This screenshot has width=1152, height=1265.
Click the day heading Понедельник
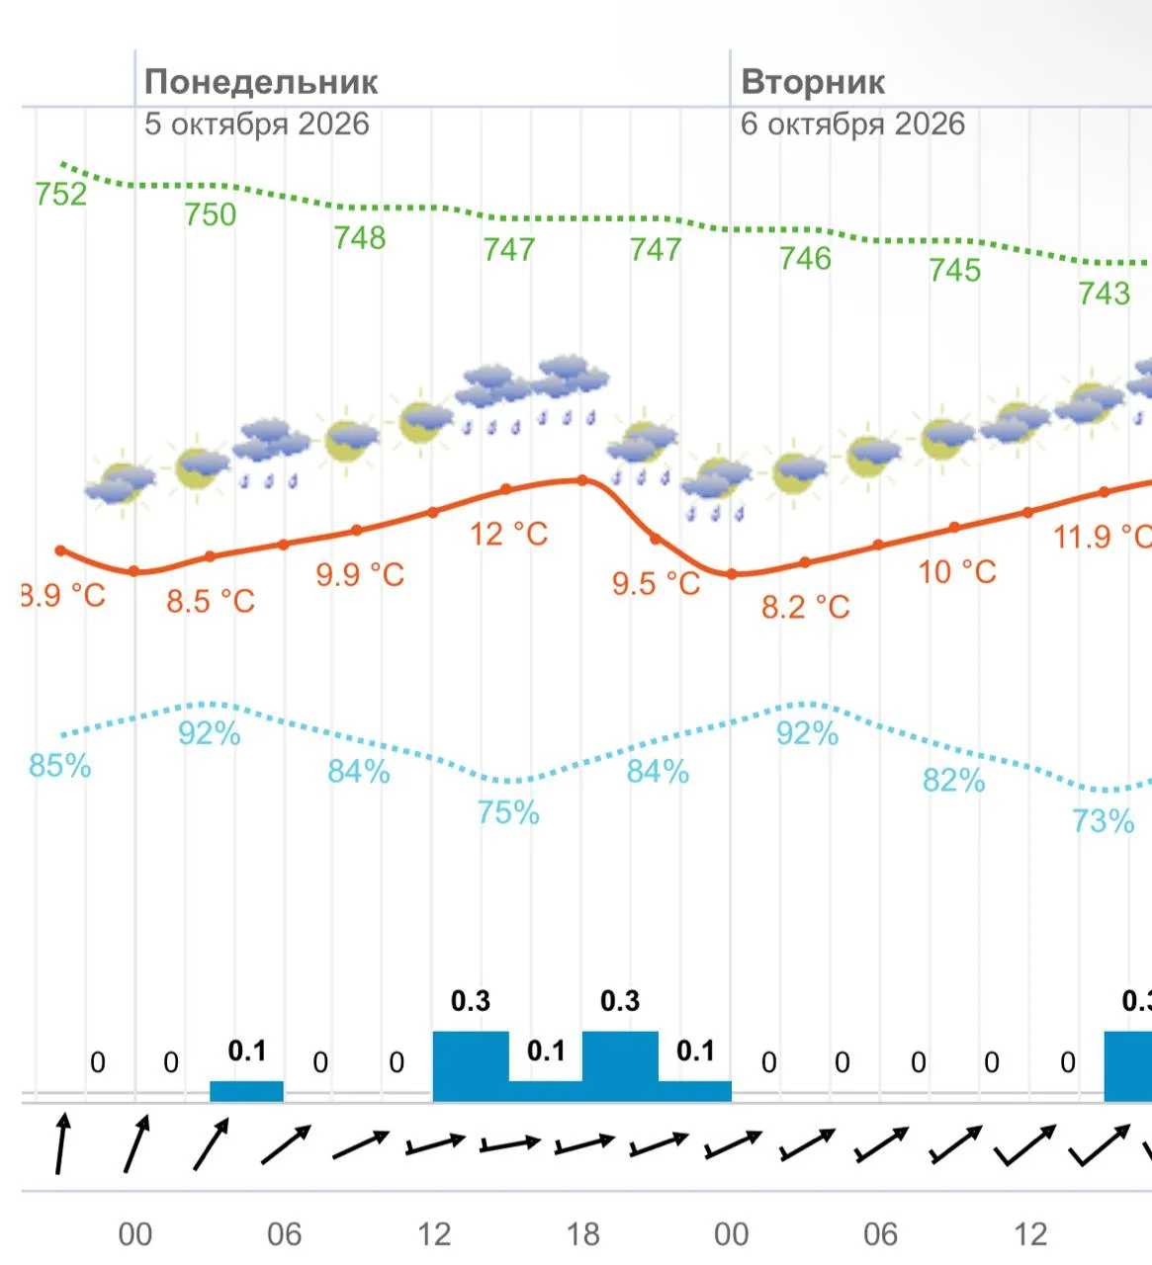(261, 82)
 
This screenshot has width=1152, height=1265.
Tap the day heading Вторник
(813, 82)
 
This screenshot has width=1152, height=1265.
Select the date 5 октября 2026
(257, 124)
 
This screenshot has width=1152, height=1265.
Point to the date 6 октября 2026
(852, 124)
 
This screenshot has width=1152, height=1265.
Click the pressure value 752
(60, 194)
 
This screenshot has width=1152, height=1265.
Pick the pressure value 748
(359, 238)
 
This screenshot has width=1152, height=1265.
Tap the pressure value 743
(1104, 294)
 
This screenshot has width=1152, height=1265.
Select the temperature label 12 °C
(509, 534)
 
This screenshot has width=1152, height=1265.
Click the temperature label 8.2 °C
(806, 607)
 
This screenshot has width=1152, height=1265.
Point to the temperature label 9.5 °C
(657, 583)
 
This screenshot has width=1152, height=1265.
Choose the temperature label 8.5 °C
(211, 601)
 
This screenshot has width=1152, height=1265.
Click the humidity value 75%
(508, 812)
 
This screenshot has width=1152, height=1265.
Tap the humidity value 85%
(60, 766)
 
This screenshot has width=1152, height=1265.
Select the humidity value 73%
(1104, 821)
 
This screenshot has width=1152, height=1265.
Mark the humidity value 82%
(954, 781)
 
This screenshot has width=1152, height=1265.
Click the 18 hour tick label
(583, 1234)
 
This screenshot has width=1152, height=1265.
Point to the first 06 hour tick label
(284, 1234)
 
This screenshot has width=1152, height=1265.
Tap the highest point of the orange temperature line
(582, 480)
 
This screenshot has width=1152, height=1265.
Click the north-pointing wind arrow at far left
(61, 1143)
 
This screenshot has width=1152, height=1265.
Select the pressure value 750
(211, 214)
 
